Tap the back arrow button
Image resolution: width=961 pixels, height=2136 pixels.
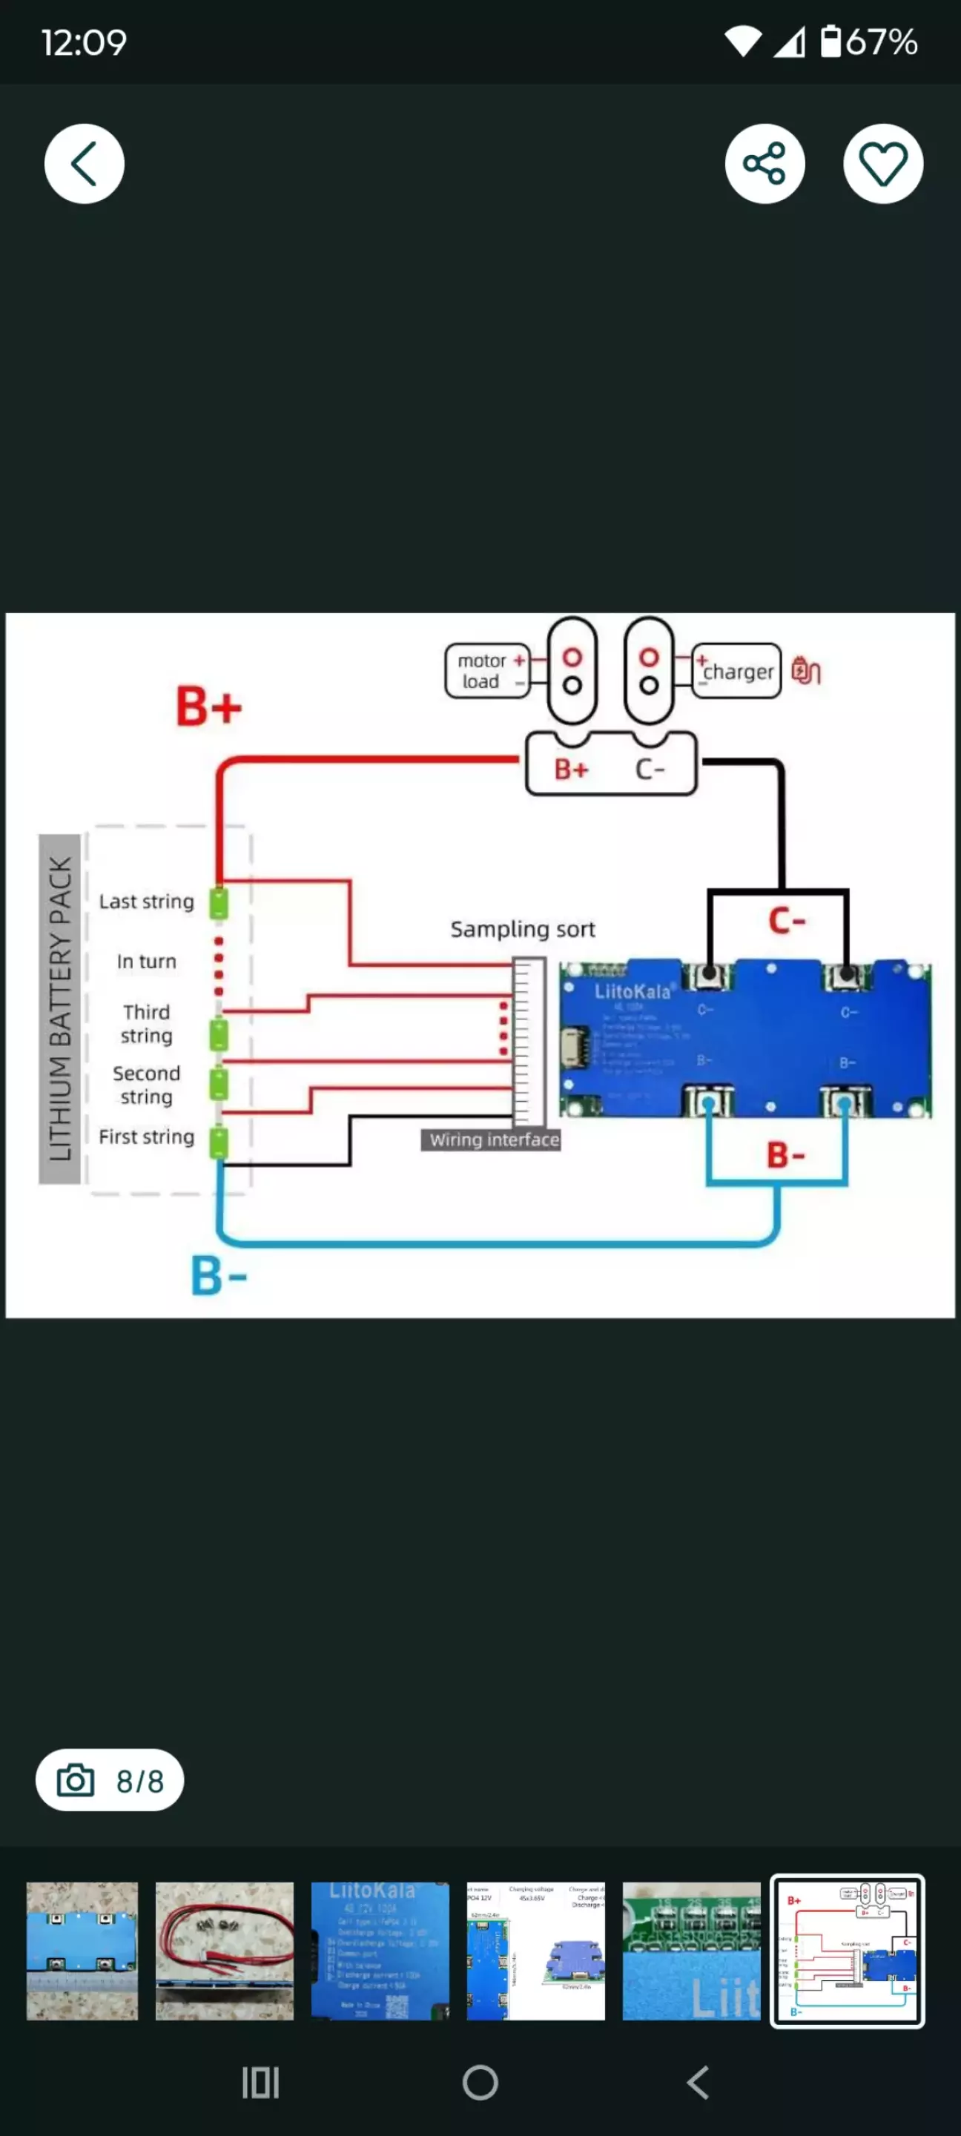click(x=85, y=163)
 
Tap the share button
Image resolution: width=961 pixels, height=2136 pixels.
click(x=764, y=163)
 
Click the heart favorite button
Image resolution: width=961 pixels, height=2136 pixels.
click(x=883, y=163)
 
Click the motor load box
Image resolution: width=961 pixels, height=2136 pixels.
click(x=486, y=671)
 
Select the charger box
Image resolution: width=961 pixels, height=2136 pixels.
click(x=736, y=671)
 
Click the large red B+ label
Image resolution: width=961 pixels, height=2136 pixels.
click(x=209, y=707)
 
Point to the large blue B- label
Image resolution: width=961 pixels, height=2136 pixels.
click(x=219, y=1275)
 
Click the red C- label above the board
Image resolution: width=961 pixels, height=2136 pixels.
click(x=787, y=920)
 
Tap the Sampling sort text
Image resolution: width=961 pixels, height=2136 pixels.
click(x=522, y=930)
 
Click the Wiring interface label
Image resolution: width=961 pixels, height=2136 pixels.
click(x=494, y=1140)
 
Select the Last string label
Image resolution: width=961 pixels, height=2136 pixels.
click(x=147, y=902)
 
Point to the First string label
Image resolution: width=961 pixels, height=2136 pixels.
click(x=147, y=1137)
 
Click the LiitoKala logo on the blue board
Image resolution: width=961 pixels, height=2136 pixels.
click(x=633, y=992)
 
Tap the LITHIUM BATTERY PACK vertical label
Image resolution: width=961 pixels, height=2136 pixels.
click(x=60, y=1008)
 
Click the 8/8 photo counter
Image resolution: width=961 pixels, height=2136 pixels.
click(x=110, y=1780)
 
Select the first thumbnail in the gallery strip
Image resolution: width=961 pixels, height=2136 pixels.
click(x=82, y=1950)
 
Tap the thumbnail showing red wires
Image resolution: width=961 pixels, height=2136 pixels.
click(x=225, y=1950)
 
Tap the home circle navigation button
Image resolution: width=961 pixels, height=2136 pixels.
click(x=480, y=2082)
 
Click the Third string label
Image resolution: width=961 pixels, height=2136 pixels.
click(x=147, y=1024)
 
